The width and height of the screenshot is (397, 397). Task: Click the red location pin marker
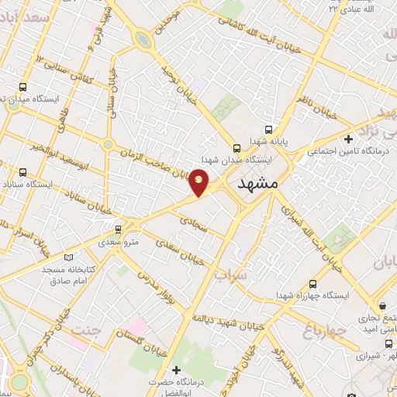click(x=199, y=182)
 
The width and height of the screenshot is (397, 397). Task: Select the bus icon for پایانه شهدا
click(x=268, y=129)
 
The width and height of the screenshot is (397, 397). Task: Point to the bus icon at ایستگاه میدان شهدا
click(x=236, y=147)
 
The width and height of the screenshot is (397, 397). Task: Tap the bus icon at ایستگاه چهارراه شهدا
click(x=312, y=284)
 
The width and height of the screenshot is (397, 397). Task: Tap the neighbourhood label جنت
click(x=86, y=331)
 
